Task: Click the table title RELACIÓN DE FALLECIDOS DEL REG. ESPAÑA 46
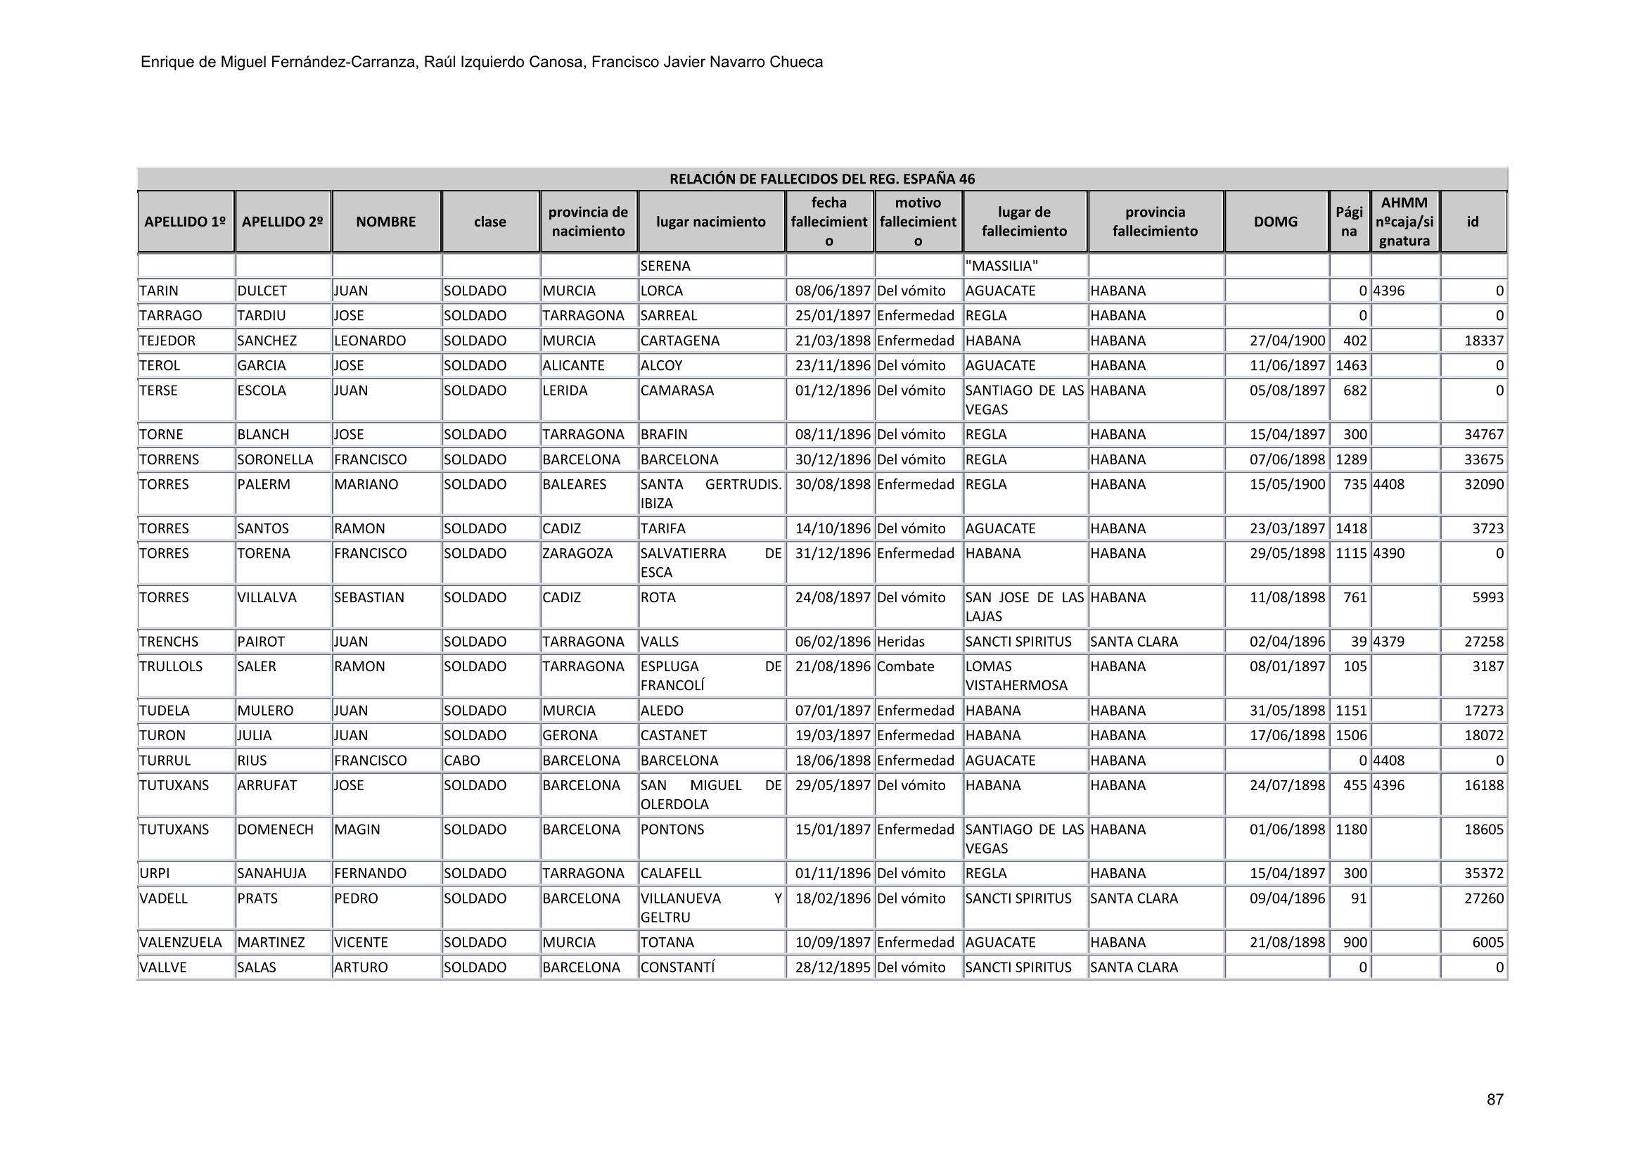(821, 179)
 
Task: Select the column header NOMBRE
(385, 222)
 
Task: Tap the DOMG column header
(1275, 222)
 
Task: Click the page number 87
(1494, 1099)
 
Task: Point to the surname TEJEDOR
(167, 341)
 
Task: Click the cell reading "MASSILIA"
(1001, 267)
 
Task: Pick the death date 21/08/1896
(833, 667)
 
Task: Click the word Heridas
(901, 642)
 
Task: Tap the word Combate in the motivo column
(906, 667)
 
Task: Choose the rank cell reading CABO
(462, 761)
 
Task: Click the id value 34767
(1483, 435)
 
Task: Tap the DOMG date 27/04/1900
(1288, 341)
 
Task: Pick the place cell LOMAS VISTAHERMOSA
(1016, 676)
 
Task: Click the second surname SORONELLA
(275, 460)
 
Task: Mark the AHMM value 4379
(1388, 642)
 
